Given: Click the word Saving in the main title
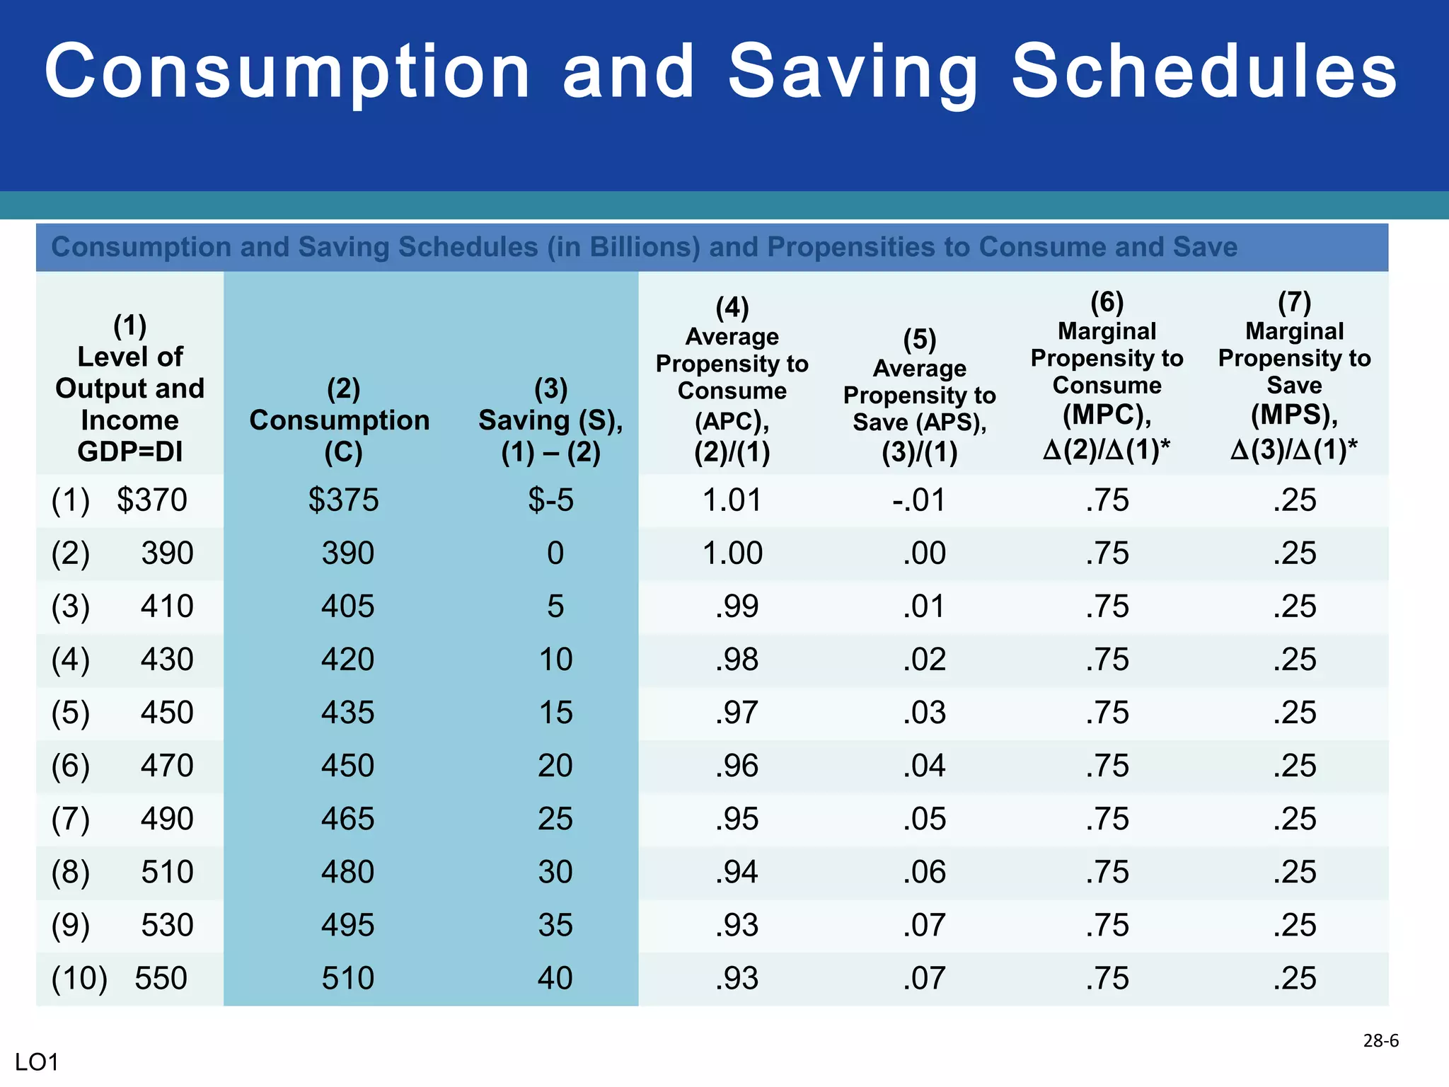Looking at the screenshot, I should click(853, 72).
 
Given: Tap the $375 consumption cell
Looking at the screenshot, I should click(343, 500).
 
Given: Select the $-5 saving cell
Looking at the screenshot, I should click(550, 500).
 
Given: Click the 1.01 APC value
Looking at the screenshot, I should click(732, 500).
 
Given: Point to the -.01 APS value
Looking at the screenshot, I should click(919, 500).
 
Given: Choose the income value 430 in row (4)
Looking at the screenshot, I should click(167, 660).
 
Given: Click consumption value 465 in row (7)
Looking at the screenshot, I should click(347, 819).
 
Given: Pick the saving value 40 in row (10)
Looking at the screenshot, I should click(555, 978).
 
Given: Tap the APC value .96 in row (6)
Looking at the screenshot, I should click(737, 766).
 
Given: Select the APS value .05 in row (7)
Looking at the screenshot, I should click(924, 819).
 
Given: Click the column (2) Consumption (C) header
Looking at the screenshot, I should click(340, 420).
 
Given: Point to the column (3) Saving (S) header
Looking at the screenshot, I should click(550, 420).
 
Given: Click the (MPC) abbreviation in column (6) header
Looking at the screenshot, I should click(1107, 415).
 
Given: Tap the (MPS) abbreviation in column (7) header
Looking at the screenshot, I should click(1294, 415).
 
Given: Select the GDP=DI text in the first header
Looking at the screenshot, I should click(130, 452).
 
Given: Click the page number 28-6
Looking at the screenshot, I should click(1380, 1040).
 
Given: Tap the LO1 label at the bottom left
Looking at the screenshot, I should click(37, 1062).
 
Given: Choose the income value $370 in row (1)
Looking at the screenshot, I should click(151, 500).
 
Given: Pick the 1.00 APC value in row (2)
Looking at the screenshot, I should click(732, 553).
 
